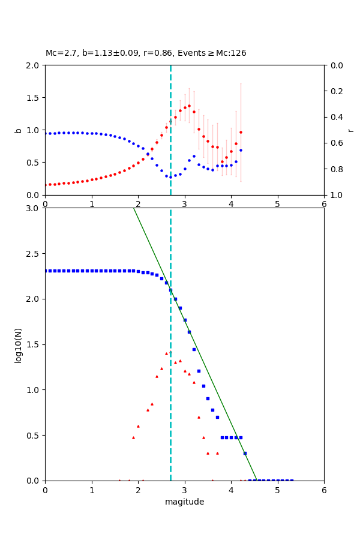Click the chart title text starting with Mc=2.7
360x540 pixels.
point(146,53)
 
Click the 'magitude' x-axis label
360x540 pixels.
point(184,502)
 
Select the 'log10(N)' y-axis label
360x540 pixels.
point(18,344)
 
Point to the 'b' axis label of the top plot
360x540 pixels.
point(18,130)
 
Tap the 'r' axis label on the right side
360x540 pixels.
point(350,130)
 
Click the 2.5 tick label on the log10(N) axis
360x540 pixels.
point(32,254)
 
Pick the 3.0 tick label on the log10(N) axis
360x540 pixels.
point(32,208)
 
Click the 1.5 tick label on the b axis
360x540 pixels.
point(32,98)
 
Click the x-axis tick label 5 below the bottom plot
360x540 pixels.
point(277,490)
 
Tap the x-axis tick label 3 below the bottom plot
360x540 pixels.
point(184,490)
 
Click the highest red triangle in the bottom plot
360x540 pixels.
point(170,352)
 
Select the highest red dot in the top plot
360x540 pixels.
point(189,106)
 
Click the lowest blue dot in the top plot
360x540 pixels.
point(170,177)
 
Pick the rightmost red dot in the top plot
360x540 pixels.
point(241,132)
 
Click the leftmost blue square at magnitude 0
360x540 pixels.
point(46,271)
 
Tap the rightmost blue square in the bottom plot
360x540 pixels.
point(292,481)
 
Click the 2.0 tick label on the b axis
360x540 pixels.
point(32,65)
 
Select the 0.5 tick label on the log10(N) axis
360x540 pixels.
point(32,436)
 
